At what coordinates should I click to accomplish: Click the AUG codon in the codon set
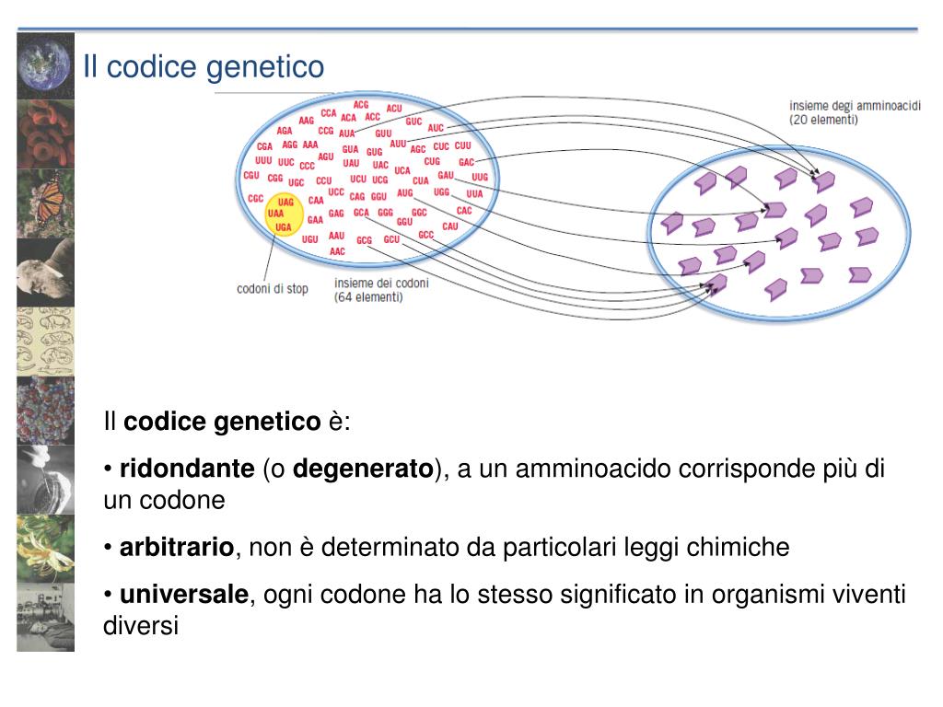[x=405, y=193]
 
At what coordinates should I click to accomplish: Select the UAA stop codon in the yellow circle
[x=275, y=213]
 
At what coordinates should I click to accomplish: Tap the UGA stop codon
[x=284, y=226]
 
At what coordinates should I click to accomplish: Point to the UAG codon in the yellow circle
[x=285, y=202]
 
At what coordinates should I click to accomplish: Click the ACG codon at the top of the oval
[x=361, y=105]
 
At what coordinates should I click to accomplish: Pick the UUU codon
[x=263, y=160]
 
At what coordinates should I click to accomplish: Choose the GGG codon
[x=385, y=212]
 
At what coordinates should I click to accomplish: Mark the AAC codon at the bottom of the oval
[x=337, y=251]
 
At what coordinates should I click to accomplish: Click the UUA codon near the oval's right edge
[x=474, y=194]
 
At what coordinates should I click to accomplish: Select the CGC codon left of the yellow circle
[x=256, y=198]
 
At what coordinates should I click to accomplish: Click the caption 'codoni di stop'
[x=273, y=288]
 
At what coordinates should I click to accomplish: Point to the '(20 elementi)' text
[x=823, y=120]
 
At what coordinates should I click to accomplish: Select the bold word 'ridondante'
[x=187, y=469]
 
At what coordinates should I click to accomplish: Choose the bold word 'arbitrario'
[x=177, y=548]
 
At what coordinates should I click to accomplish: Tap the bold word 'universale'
[x=185, y=594]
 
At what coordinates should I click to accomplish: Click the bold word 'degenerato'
[x=363, y=469]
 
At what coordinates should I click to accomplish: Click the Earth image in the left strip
[x=45, y=64]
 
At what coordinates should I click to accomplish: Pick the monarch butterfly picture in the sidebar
[x=45, y=203]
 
